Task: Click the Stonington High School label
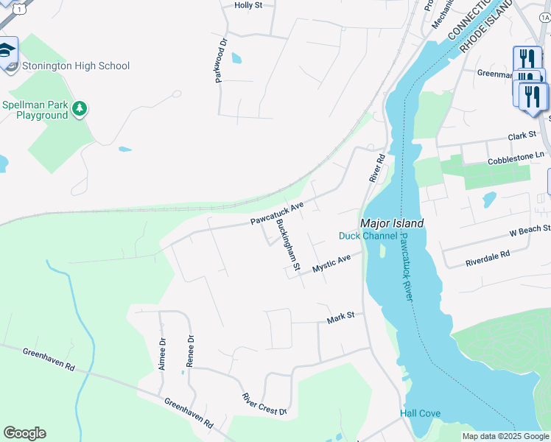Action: coord(75,66)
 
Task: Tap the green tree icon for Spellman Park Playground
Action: coord(80,110)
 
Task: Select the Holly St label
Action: coord(248,5)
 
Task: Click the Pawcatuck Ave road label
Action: coord(276,214)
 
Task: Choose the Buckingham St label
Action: coord(287,245)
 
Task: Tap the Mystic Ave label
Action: coord(331,264)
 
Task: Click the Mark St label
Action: coord(340,316)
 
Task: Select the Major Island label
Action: coord(391,222)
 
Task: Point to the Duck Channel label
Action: coord(368,236)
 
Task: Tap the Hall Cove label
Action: coord(420,413)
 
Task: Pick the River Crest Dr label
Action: coord(264,404)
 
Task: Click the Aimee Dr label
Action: coord(162,353)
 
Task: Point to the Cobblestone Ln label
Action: coord(516,158)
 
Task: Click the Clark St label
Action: coord(522,136)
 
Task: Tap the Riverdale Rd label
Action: coord(488,259)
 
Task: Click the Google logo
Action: coord(24,433)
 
